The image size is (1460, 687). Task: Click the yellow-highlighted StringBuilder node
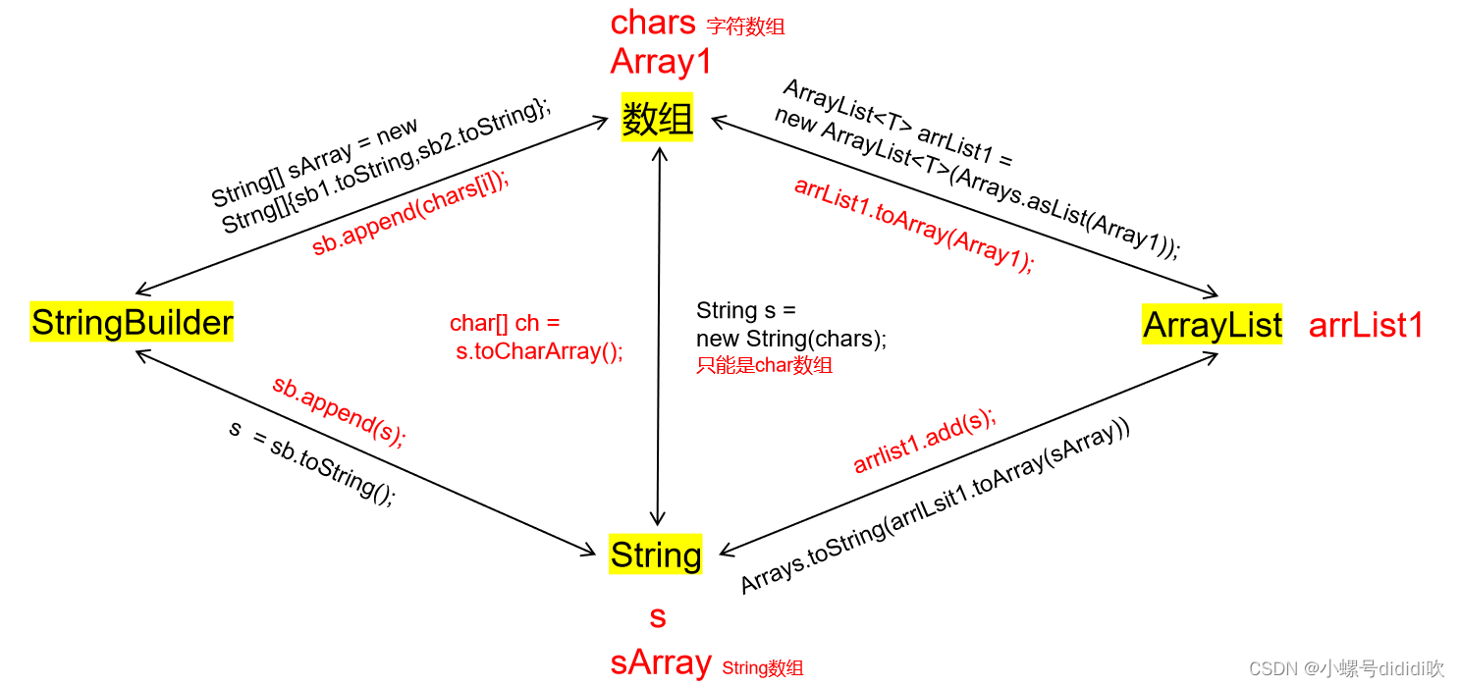(132, 323)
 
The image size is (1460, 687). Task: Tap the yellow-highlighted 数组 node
(657, 120)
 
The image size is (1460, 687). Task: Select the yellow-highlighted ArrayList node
(1213, 325)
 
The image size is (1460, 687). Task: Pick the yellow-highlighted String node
(656, 555)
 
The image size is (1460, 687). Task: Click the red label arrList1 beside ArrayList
(1366, 326)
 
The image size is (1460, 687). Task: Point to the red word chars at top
(653, 23)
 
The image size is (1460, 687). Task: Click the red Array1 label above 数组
(660, 62)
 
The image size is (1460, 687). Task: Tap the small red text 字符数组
(746, 27)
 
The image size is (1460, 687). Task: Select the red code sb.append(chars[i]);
(410, 213)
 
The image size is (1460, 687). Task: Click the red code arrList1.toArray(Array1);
(913, 226)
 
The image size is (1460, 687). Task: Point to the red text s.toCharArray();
(539, 351)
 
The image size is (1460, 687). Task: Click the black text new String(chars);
(791, 339)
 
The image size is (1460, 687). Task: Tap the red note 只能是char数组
(765, 366)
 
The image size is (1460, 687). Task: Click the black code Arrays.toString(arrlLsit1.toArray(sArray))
(936, 508)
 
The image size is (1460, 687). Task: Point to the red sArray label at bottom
(661, 663)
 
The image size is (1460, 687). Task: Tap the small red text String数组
(763, 668)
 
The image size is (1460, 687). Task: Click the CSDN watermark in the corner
(1346, 668)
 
